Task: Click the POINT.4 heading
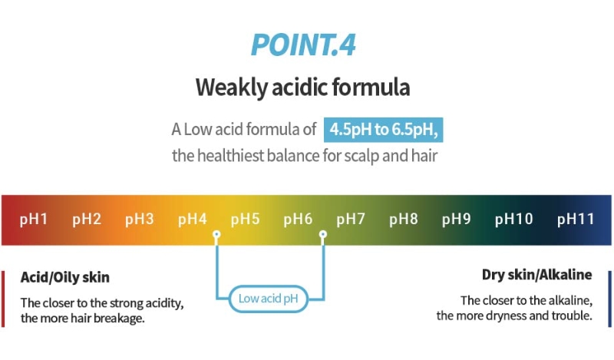click(303, 45)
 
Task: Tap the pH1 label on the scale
click(34, 219)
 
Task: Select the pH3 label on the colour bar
click(140, 219)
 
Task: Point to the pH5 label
click(245, 219)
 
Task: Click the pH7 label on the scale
click(351, 219)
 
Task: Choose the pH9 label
click(456, 219)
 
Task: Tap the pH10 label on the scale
click(513, 219)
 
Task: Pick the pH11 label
click(576, 219)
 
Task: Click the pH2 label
click(87, 219)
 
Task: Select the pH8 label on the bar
click(404, 219)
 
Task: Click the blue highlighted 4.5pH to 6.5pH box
click(383, 130)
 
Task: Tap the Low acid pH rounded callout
click(268, 299)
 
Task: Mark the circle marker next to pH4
click(216, 235)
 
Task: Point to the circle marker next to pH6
click(322, 235)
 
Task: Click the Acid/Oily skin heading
click(65, 277)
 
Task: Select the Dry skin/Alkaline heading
click(536, 275)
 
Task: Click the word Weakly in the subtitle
click(231, 88)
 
